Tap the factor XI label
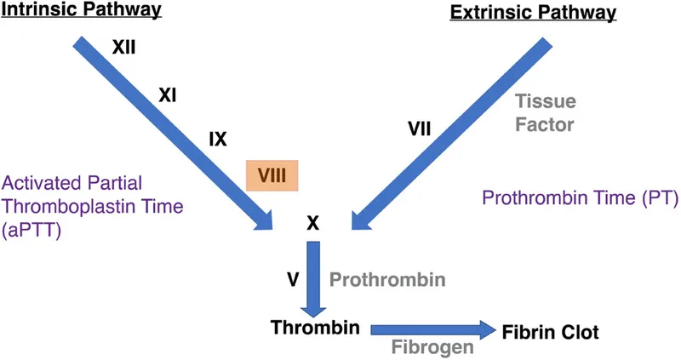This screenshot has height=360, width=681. point(168,98)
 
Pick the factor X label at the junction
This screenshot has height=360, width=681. point(312,223)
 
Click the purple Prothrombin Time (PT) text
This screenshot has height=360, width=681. point(579,199)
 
